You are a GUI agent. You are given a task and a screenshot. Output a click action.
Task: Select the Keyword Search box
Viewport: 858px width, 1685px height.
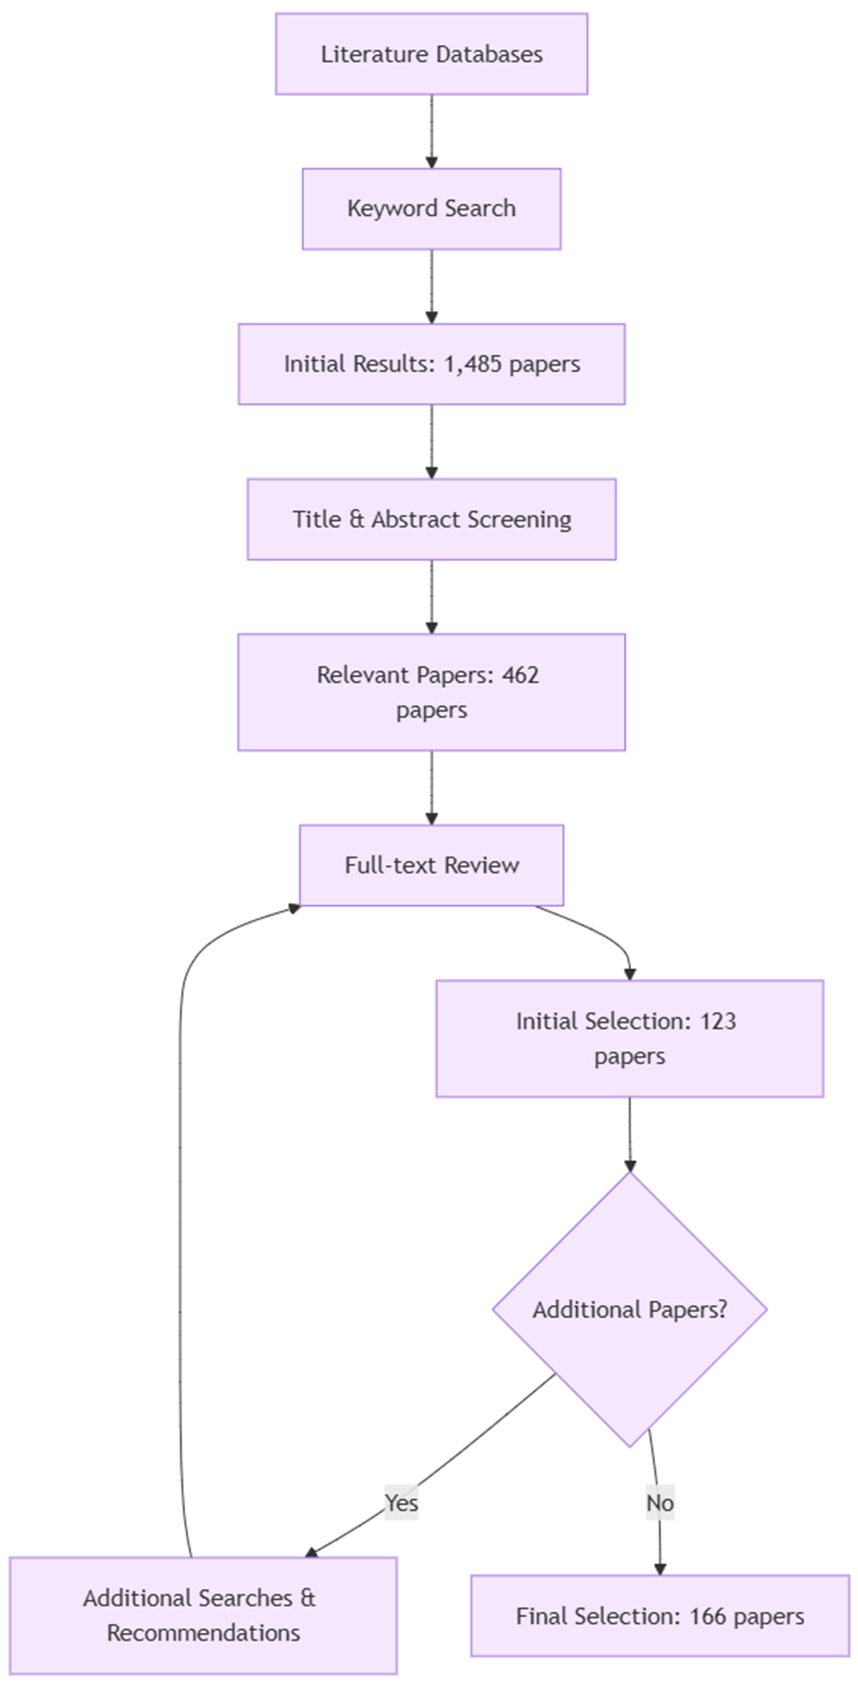click(431, 209)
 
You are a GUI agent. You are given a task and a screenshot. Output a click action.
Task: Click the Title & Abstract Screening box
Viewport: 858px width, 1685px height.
click(431, 519)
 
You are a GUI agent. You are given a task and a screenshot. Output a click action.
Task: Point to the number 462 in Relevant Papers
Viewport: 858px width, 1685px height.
click(521, 674)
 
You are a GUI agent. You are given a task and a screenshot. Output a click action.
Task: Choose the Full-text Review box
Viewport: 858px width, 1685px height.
click(431, 865)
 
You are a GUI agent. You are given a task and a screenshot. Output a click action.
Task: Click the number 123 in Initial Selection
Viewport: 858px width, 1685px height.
click(718, 1021)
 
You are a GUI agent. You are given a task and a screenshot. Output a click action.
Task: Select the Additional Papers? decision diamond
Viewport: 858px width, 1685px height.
click(629, 1309)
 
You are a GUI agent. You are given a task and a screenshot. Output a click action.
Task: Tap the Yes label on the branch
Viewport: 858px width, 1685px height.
click(401, 1502)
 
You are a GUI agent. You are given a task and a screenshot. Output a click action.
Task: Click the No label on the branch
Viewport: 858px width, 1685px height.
click(660, 1502)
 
